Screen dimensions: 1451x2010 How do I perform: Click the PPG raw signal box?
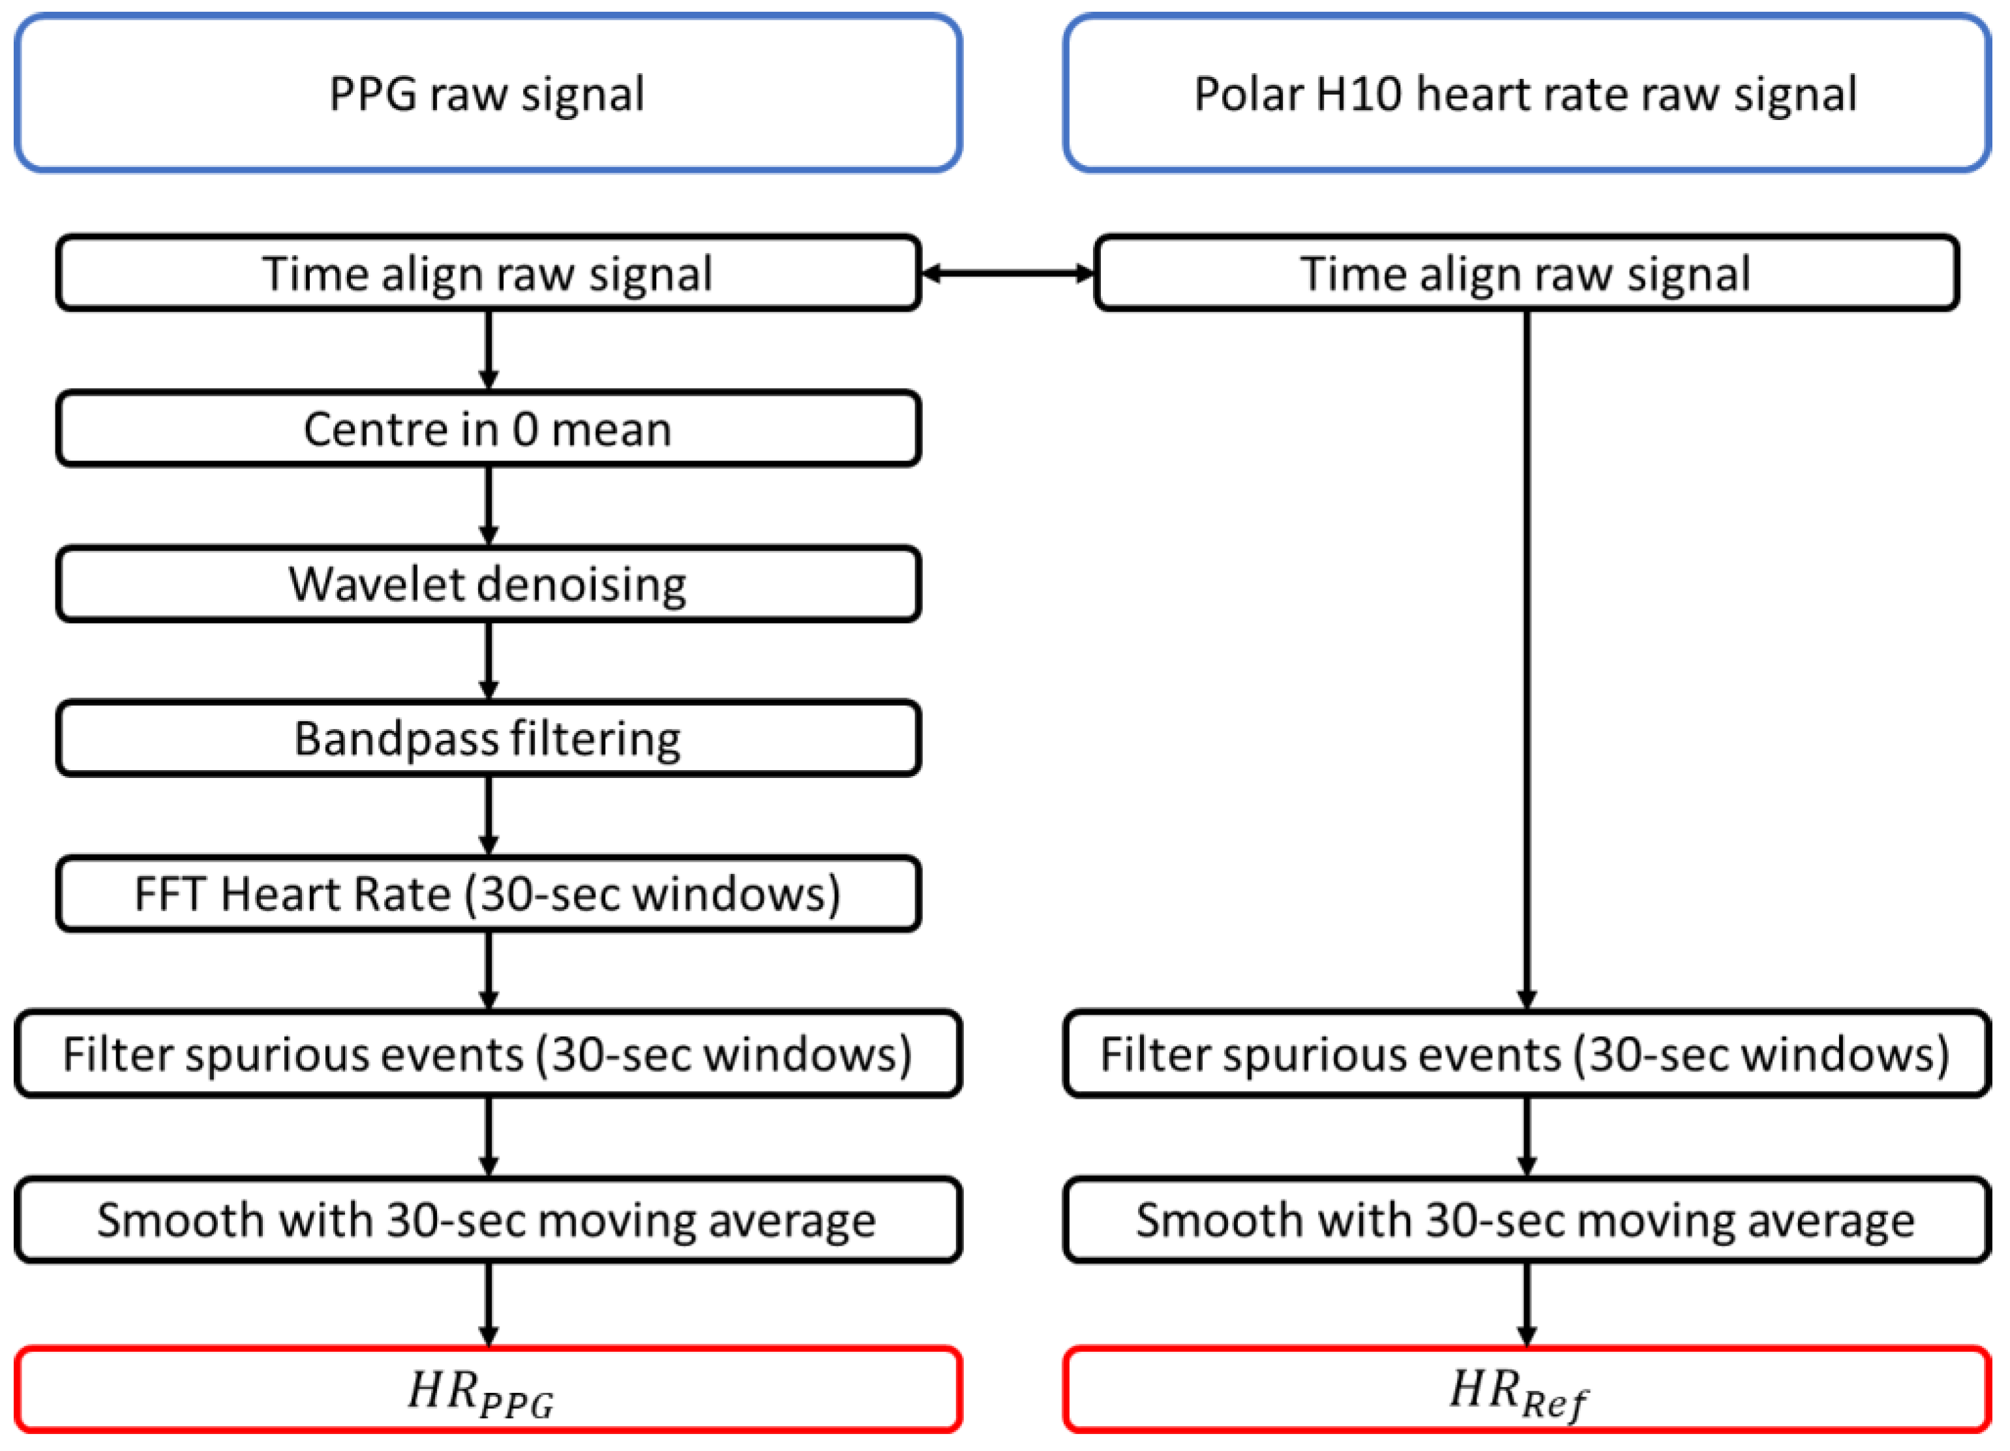[x=487, y=93]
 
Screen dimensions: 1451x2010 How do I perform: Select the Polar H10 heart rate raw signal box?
[x=1526, y=93]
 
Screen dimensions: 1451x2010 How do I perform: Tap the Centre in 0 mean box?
[x=487, y=429]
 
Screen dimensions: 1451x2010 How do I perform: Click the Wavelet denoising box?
[x=487, y=584]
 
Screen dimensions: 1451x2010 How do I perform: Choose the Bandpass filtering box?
[x=487, y=738]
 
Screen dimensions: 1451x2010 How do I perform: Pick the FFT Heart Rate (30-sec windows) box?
[x=487, y=893]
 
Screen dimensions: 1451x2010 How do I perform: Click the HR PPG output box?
[x=487, y=1389]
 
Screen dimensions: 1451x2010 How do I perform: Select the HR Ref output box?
[x=1526, y=1389]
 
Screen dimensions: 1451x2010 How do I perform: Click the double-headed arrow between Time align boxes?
[x=1008, y=273]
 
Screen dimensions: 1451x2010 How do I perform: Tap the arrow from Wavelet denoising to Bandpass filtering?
[x=488, y=661]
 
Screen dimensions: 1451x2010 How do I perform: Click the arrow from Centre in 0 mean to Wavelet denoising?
[x=488, y=505]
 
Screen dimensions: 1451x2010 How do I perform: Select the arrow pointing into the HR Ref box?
[x=1526, y=1304]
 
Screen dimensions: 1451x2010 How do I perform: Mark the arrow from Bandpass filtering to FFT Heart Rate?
[x=488, y=815]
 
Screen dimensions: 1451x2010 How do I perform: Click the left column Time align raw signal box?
[x=487, y=273]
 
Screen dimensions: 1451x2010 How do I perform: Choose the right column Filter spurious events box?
[x=1526, y=1054]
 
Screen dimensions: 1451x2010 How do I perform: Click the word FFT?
[x=170, y=893]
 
